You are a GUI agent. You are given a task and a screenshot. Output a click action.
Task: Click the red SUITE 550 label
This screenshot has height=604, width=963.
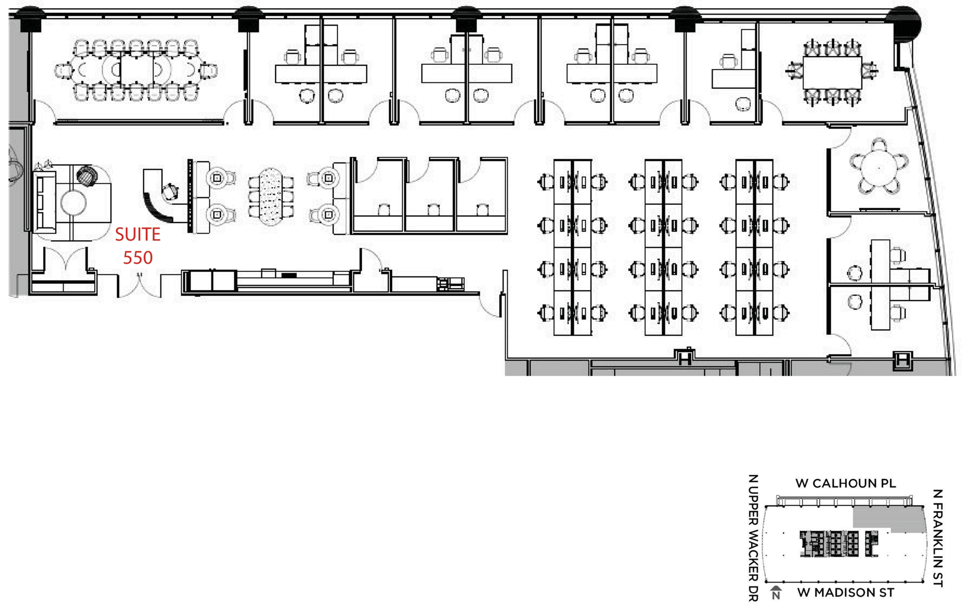(x=137, y=246)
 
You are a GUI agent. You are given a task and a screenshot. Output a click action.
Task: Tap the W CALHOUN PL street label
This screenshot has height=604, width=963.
(x=845, y=484)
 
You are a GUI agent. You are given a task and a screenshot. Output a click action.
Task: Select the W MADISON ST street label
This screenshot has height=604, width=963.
(x=845, y=593)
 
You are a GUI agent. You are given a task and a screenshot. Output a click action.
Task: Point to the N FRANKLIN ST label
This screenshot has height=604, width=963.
(x=937, y=538)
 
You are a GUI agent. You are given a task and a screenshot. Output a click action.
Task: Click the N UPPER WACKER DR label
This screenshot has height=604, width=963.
(x=753, y=538)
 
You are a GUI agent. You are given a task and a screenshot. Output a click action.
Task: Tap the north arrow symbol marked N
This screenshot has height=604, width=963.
(x=776, y=592)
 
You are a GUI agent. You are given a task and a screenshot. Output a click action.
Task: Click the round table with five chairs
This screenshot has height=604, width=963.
(x=879, y=167)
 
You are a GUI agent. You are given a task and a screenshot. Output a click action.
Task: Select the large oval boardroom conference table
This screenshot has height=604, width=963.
(x=136, y=70)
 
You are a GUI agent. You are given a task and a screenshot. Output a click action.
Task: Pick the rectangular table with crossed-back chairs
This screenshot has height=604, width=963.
(x=832, y=72)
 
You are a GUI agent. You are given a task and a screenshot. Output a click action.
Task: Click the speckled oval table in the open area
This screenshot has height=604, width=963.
(x=271, y=196)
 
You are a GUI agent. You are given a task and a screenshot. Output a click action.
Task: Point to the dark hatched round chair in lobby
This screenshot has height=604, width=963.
(x=87, y=175)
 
